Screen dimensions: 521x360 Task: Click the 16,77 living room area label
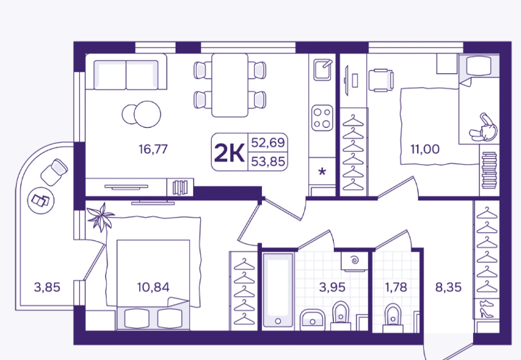tap(153, 150)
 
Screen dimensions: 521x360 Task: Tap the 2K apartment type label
tap(229, 153)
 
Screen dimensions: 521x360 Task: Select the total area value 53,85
tap(268, 162)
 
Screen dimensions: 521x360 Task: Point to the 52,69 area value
tap(268, 142)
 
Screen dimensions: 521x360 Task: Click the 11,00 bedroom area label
tap(425, 150)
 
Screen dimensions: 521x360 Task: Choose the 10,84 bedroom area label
tap(153, 287)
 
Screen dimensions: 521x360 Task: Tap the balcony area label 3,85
tap(47, 287)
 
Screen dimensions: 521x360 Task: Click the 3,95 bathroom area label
tap(332, 287)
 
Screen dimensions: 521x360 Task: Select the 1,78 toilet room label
tap(396, 287)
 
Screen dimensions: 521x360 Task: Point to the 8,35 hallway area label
tap(448, 287)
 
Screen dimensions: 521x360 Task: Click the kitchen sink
tap(322, 70)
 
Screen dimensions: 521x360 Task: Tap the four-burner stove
tap(322, 118)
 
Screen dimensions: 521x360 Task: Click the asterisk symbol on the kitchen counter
tap(322, 172)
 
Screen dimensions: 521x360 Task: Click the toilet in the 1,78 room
tap(393, 318)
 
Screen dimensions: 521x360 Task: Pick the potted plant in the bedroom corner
tap(101, 217)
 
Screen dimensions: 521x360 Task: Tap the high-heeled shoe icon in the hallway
tap(485, 313)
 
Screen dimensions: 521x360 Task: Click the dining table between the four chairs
tap(229, 85)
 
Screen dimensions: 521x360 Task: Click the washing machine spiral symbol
tap(355, 260)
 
